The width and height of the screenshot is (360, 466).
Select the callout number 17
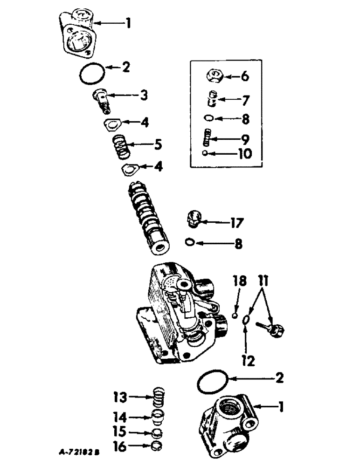235,223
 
